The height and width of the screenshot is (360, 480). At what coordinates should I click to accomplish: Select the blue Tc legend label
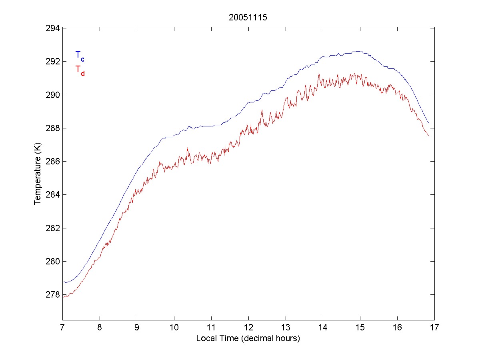80,56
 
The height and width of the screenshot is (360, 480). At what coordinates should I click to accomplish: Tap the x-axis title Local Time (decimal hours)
248,338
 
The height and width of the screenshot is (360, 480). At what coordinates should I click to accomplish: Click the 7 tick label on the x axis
62,328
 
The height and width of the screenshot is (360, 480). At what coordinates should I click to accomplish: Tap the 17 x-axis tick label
434,328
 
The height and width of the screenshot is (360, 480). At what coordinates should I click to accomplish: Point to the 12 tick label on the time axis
248,328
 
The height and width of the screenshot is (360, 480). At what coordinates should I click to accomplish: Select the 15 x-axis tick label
360,328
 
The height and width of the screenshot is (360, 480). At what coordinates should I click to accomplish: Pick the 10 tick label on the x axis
174,328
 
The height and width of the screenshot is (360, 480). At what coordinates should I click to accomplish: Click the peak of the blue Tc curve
359,51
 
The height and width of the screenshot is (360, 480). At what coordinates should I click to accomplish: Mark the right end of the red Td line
429,136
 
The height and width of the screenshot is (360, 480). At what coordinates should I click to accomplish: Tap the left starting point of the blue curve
63,282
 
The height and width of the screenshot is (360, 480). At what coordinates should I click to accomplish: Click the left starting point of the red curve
63,297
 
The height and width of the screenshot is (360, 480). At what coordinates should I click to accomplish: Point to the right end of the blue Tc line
429,124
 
